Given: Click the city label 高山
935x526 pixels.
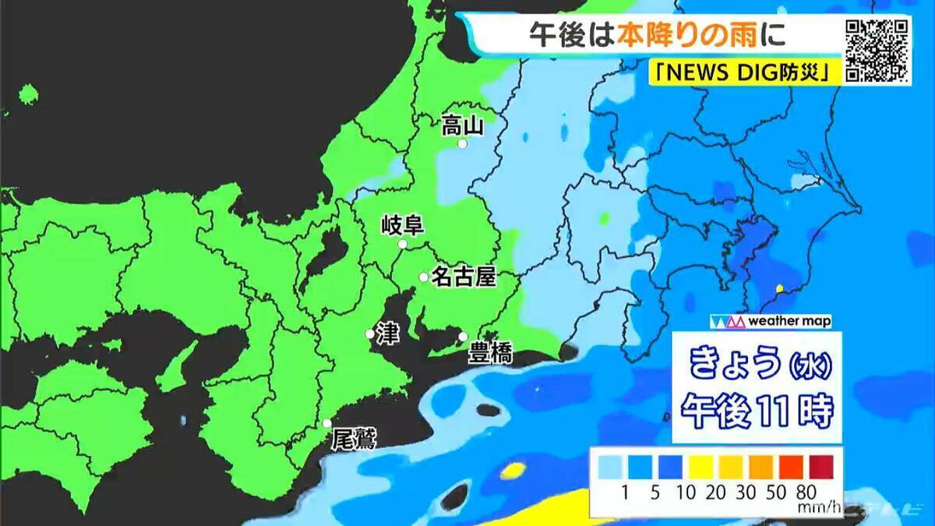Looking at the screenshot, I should tap(463, 125).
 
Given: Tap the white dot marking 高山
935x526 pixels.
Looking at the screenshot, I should tap(462, 144).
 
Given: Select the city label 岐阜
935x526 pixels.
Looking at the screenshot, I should tap(402, 227).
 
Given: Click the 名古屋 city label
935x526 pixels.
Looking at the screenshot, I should tap(464, 277).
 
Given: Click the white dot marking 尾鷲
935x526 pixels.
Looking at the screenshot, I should tap(327, 423).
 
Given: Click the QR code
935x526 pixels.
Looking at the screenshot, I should tap(877, 50).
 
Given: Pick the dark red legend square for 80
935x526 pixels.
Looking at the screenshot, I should tap(820, 466).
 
